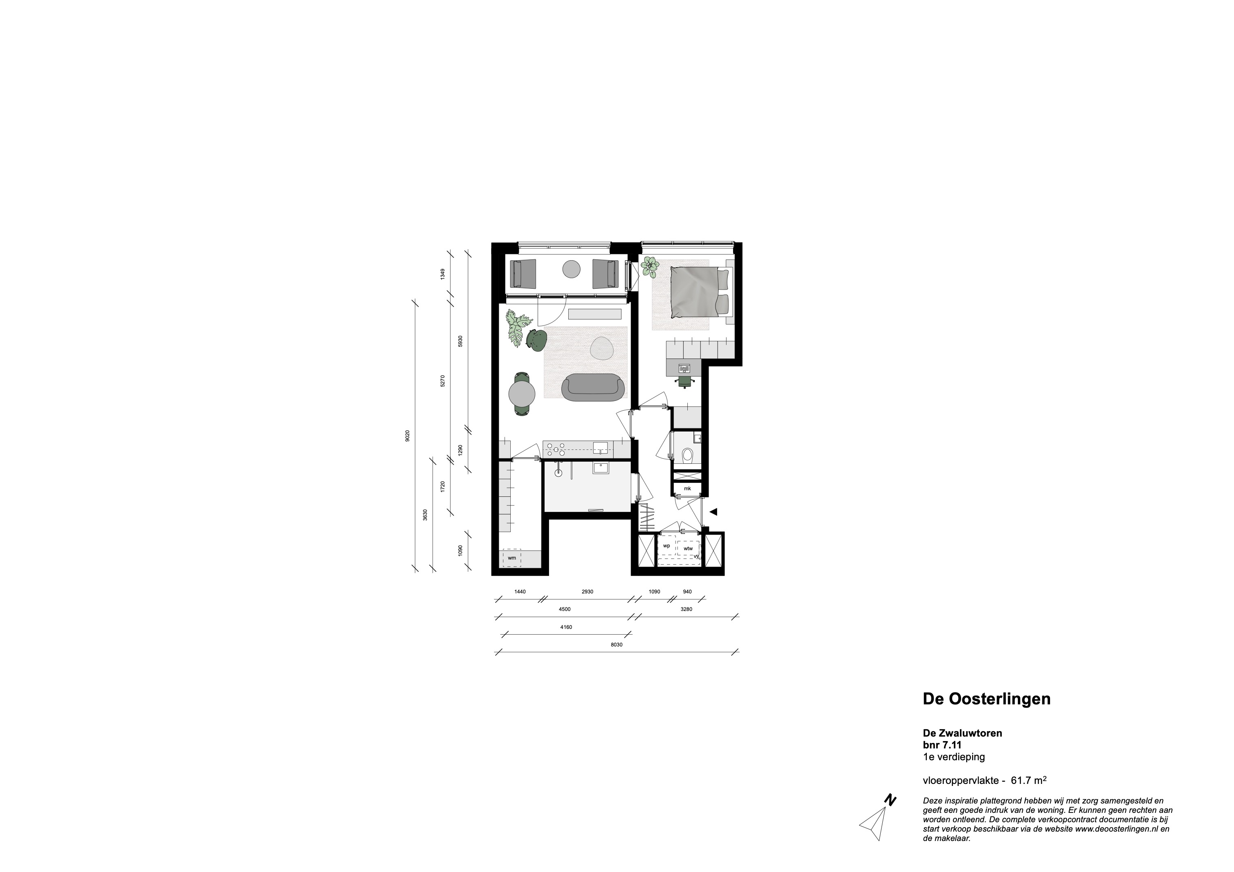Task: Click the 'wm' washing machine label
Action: (512, 558)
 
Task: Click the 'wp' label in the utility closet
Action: (667, 546)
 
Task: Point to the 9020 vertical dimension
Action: (408, 436)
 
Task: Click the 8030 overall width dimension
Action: (616, 645)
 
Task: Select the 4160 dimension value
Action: (565, 627)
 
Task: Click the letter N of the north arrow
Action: (890, 816)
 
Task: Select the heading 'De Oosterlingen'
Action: (986, 699)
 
